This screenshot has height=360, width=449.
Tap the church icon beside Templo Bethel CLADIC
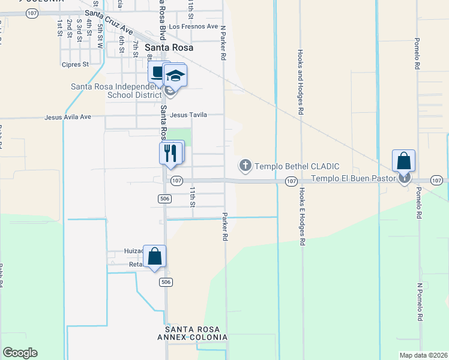[x=245, y=165]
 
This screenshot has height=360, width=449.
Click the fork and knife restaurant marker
[x=170, y=153]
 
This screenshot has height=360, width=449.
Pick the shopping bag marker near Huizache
[x=154, y=256]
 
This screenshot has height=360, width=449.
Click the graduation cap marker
[x=175, y=76]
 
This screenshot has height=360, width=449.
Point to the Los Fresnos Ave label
[x=193, y=26]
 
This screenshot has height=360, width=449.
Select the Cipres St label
[x=75, y=64]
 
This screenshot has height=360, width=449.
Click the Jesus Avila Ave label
[x=68, y=117]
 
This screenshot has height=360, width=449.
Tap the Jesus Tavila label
[x=188, y=115]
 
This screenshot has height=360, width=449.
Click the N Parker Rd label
[x=223, y=42]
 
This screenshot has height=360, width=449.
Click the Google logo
[x=20, y=353]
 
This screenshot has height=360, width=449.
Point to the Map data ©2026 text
[x=423, y=355]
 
